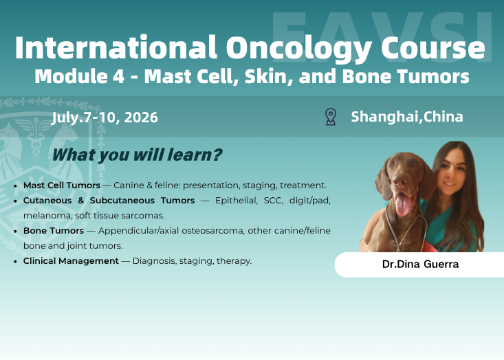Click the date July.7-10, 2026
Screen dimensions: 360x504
(x=105, y=117)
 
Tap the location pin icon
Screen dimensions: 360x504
(x=331, y=117)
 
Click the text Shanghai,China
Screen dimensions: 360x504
(x=407, y=116)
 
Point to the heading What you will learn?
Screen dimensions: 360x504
(x=137, y=155)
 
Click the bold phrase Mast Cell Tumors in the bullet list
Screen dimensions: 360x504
(x=61, y=185)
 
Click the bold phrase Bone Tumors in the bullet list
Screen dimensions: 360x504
(x=53, y=231)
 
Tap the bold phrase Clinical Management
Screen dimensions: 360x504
(x=71, y=261)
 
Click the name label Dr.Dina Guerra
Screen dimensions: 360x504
(x=421, y=265)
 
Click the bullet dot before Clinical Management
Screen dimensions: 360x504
(x=16, y=262)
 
